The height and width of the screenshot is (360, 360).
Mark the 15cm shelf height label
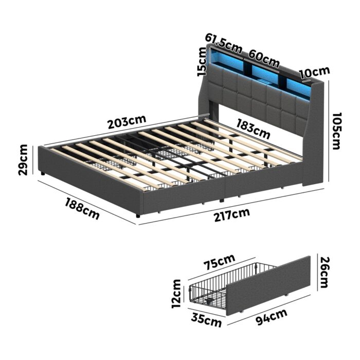[201, 61]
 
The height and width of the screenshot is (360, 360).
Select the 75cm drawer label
[219, 262]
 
